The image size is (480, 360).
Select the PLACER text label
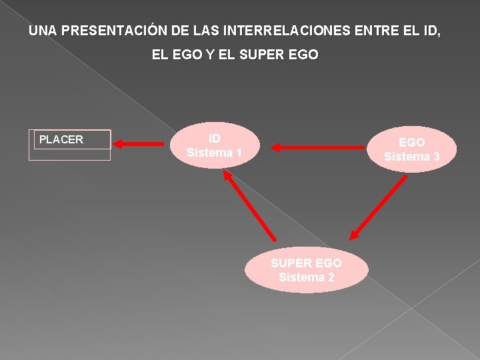61,139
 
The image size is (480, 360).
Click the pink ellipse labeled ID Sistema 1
214,145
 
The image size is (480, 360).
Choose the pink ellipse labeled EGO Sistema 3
411,150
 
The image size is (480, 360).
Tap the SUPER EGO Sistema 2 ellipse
306,270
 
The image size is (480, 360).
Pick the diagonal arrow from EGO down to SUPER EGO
378,207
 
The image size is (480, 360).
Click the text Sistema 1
214,153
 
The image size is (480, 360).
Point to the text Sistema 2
306,277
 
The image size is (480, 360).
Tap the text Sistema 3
411,157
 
